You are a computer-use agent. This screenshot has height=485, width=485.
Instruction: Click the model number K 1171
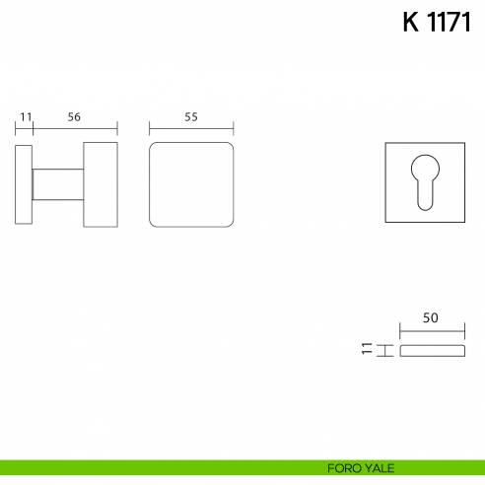pos(437,22)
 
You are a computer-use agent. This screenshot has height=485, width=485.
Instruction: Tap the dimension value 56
pos(74,117)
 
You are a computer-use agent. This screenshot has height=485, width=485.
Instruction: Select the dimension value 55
pos(191,117)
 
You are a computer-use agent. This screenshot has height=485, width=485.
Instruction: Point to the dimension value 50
pos(431,317)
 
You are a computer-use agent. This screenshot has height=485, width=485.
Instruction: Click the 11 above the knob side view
pos(26,117)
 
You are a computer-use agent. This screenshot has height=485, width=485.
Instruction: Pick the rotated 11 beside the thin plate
pos(367,348)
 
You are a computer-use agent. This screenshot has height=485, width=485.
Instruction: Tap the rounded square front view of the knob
pos(191,184)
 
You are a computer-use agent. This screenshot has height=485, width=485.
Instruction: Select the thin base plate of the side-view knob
pos(24,184)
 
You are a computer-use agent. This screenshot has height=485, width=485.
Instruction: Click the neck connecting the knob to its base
pos(58,184)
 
